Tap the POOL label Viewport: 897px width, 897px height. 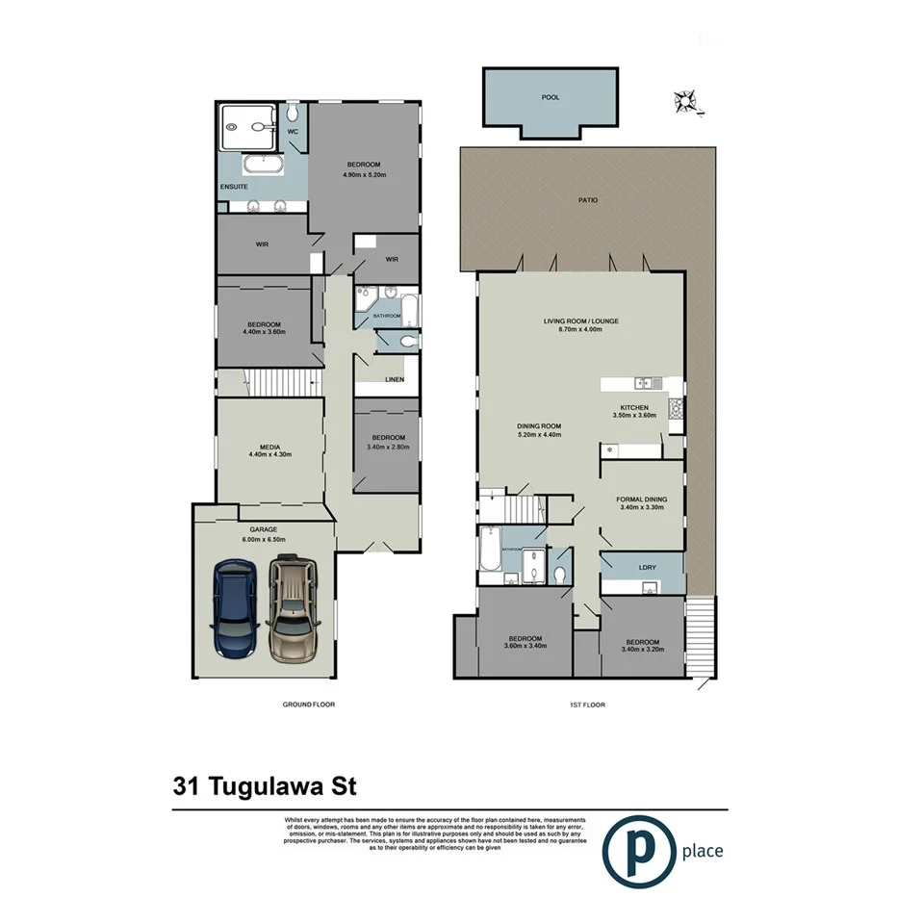(550, 97)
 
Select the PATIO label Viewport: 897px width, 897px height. (588, 200)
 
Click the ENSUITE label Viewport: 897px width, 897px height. (235, 185)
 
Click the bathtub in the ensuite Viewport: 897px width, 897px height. (260, 164)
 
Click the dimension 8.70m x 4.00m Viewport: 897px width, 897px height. (579, 330)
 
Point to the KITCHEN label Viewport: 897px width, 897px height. (633, 407)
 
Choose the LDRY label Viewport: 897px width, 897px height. (647, 568)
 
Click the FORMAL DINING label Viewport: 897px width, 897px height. (641, 500)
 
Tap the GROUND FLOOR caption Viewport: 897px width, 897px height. (308, 705)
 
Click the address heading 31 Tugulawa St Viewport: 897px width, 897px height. (265, 786)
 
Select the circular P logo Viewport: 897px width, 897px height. (638, 849)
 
